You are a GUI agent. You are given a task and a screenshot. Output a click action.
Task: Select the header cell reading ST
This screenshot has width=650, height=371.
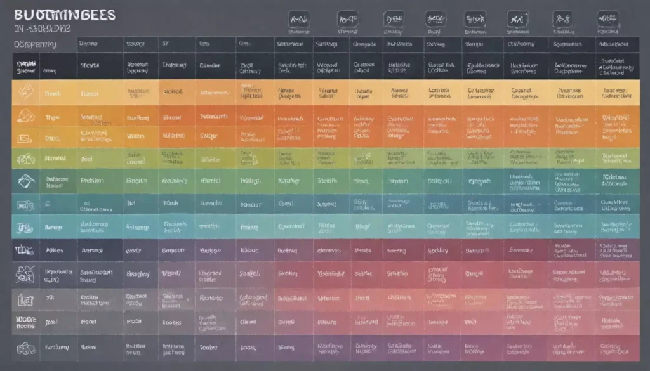pyautogui.click(x=166, y=44)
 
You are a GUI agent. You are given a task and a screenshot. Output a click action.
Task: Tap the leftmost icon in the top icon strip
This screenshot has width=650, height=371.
pyautogui.click(x=298, y=19)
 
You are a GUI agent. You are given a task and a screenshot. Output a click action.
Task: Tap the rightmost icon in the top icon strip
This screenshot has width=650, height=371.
pyautogui.click(x=608, y=19)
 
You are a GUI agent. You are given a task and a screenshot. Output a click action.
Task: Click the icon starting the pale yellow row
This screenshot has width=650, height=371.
pyautogui.click(x=25, y=93)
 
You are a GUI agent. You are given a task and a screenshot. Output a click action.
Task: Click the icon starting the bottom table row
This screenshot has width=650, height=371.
pyautogui.click(x=25, y=348)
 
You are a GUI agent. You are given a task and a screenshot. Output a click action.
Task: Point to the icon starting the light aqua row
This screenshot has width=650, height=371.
pyautogui.click(x=24, y=226)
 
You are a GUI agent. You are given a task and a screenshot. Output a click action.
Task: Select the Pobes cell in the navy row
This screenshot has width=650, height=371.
pyautogui.click(x=55, y=250)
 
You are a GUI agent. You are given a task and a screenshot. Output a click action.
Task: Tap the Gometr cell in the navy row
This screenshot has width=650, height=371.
pyautogui.click(x=173, y=250)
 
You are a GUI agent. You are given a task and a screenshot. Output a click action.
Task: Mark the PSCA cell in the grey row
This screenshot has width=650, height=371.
pyautogui.click(x=135, y=322)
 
